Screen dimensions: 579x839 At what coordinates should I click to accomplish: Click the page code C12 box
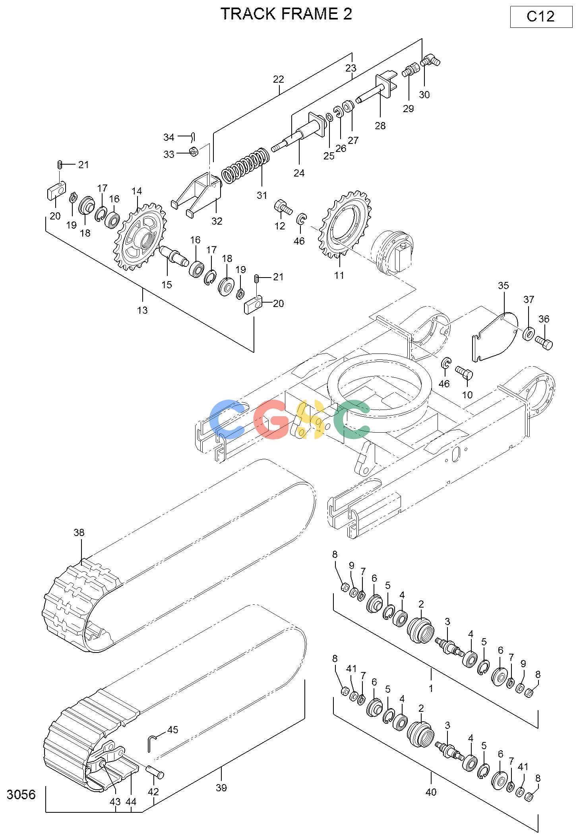pyautogui.click(x=541, y=17)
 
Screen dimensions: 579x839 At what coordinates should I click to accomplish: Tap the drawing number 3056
pyautogui.click(x=21, y=794)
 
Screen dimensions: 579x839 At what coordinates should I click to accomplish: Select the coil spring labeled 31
pyautogui.click(x=245, y=165)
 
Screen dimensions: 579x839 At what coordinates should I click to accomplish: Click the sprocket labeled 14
pyautogui.click(x=140, y=237)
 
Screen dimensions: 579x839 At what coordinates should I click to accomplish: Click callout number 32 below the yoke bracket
pyautogui.click(x=217, y=221)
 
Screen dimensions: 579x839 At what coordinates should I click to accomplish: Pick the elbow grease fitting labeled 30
pyautogui.click(x=430, y=61)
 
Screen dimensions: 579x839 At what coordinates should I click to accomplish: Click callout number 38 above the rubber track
pyautogui.click(x=79, y=532)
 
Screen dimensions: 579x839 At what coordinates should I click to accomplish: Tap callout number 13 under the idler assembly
pyautogui.click(x=142, y=310)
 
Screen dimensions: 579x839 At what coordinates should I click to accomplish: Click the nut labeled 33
pyautogui.click(x=193, y=151)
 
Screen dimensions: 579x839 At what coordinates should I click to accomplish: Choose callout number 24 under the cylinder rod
pyautogui.click(x=299, y=173)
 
